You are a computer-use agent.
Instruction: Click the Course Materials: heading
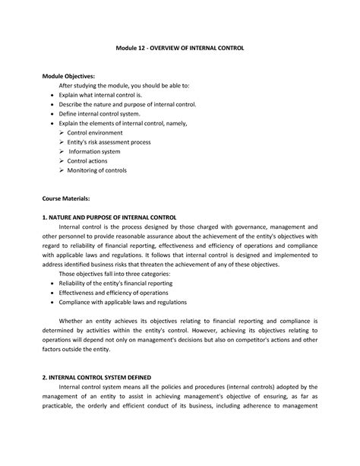[x=66, y=198]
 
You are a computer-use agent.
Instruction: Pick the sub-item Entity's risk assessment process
[x=109, y=142]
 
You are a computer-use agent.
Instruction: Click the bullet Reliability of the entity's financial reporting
[x=122, y=283]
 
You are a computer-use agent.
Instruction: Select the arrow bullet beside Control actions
[x=62, y=161]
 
